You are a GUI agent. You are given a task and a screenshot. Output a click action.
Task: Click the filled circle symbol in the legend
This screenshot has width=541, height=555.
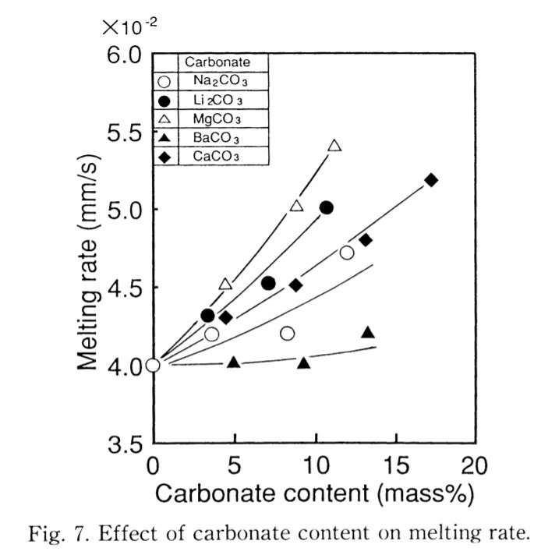click(164, 101)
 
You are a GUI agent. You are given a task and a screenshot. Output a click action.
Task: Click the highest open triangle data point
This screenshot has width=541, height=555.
click(335, 145)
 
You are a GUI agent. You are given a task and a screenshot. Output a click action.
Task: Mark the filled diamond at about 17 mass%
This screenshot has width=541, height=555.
click(431, 180)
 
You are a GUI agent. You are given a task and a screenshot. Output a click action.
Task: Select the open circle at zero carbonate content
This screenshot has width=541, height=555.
click(153, 364)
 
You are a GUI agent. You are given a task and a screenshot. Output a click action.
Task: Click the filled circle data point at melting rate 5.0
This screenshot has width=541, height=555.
click(327, 207)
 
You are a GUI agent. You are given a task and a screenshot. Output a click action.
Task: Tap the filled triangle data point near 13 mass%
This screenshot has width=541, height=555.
click(369, 332)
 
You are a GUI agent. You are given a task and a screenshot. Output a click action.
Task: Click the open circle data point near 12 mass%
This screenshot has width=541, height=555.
click(347, 253)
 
